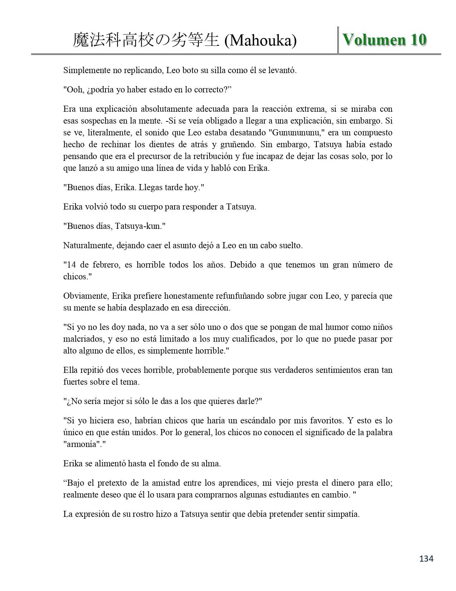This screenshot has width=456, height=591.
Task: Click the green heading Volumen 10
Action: coord(384,39)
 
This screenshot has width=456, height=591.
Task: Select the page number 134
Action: coord(426,558)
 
